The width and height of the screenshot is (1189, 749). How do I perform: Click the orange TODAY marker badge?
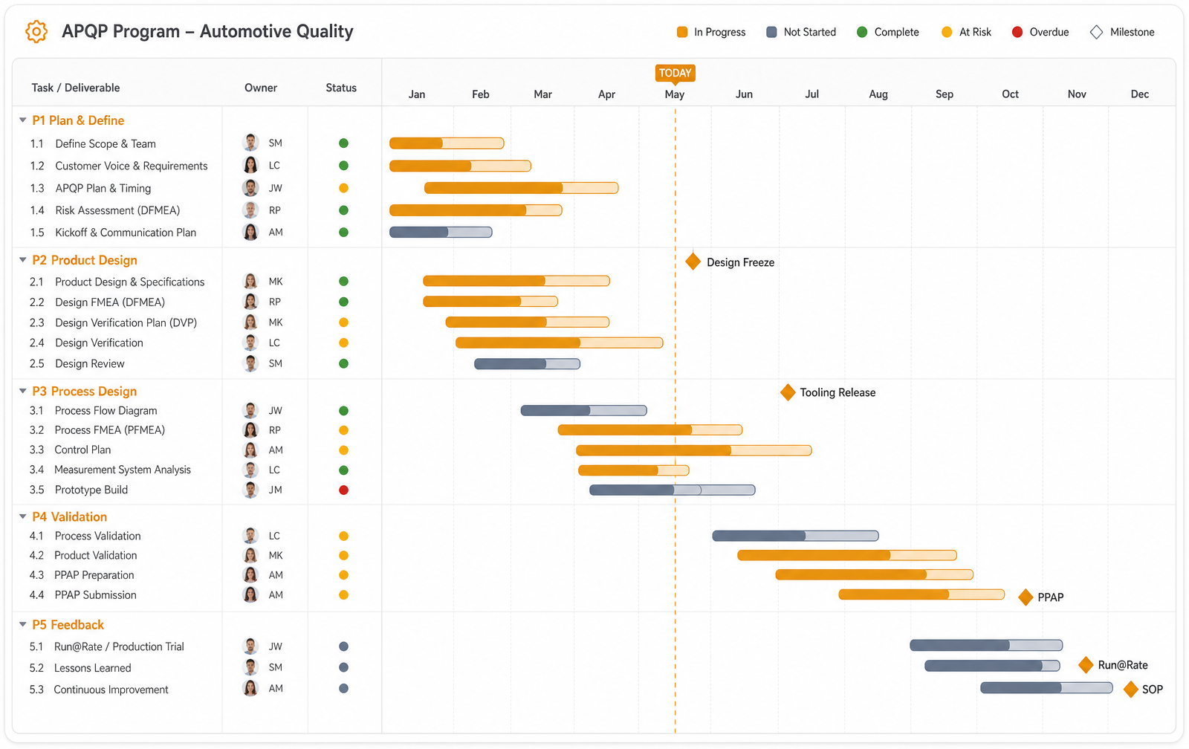click(675, 73)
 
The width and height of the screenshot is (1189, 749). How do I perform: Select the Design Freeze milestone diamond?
click(693, 261)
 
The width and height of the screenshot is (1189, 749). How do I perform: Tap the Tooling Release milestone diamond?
click(788, 392)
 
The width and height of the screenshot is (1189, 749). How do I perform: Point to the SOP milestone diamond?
click(1130, 689)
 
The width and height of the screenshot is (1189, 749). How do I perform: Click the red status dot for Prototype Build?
click(343, 490)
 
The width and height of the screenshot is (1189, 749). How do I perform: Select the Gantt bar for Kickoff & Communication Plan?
click(441, 232)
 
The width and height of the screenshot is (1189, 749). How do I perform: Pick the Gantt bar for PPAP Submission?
click(921, 594)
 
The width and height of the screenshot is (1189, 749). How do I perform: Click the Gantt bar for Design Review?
click(527, 363)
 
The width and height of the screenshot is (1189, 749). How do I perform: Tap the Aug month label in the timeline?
click(878, 94)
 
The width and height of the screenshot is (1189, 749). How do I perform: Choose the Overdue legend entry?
click(1040, 32)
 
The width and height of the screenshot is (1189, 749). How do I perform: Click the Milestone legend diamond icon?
click(1096, 32)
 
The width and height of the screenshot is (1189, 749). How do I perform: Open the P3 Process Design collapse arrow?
click(23, 392)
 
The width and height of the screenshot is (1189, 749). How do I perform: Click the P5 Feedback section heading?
click(68, 625)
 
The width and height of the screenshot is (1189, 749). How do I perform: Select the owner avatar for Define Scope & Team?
click(250, 143)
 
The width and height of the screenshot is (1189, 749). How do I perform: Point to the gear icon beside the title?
click(36, 31)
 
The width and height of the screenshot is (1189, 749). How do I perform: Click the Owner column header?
click(261, 88)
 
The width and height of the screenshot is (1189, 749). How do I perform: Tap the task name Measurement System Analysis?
click(123, 470)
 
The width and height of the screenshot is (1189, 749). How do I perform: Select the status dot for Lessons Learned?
click(343, 667)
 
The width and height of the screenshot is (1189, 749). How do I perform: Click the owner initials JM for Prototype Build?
click(275, 490)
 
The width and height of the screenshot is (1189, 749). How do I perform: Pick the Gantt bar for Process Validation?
click(795, 536)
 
